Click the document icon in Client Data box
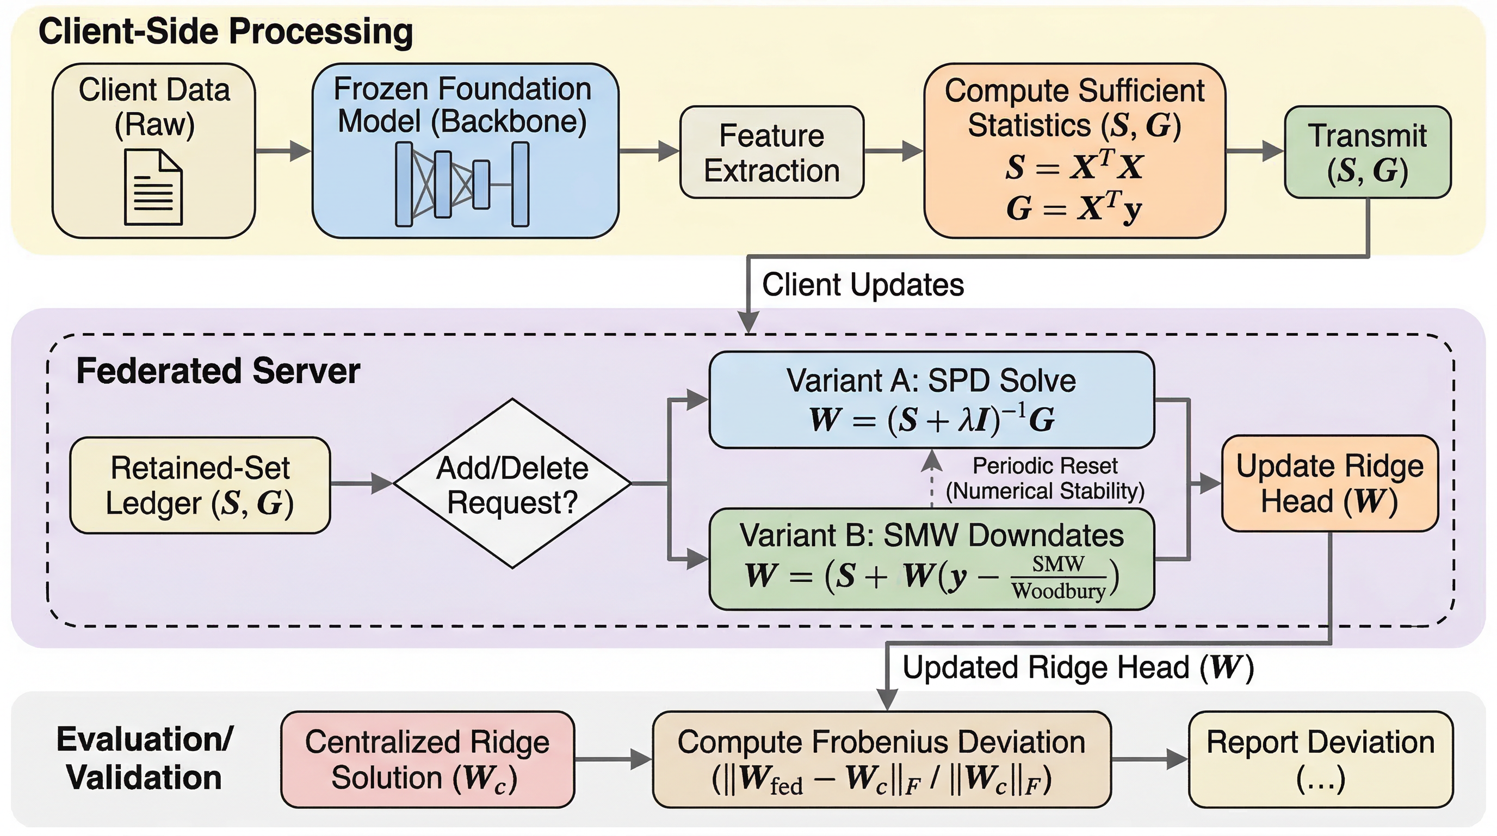153,187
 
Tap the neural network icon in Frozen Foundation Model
462,185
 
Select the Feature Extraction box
772,152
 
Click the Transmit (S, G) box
1368,152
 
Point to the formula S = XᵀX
1074,167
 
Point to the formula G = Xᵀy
1074,207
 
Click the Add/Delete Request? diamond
512,483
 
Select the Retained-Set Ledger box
200,485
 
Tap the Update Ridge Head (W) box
1329,483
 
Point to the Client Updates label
863,285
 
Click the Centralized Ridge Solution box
427,759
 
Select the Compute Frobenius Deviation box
882,759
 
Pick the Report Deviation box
1320,759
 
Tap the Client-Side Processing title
226,32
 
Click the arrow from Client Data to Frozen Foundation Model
283,151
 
